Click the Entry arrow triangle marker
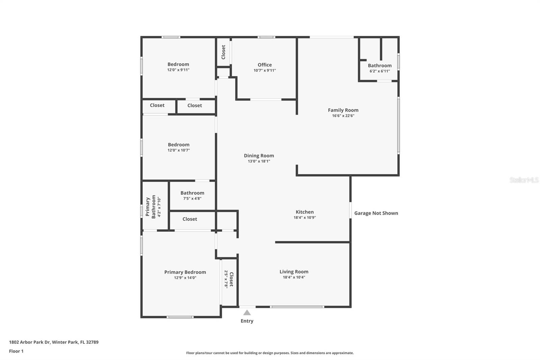247,313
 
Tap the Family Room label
343,110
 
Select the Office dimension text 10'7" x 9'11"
265,71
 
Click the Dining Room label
259,156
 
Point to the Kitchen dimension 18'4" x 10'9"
304,218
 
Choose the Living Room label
294,272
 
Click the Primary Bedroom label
185,272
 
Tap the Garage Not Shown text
376,213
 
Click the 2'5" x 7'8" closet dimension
226,279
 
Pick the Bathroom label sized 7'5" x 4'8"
192,193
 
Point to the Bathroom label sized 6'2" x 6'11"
380,66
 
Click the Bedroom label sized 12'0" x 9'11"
178,64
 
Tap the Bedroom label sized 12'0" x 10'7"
179,145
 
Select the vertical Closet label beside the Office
223,52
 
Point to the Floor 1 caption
16,351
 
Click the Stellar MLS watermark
524,180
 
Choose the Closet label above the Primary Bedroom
190,219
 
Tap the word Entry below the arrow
247,321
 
